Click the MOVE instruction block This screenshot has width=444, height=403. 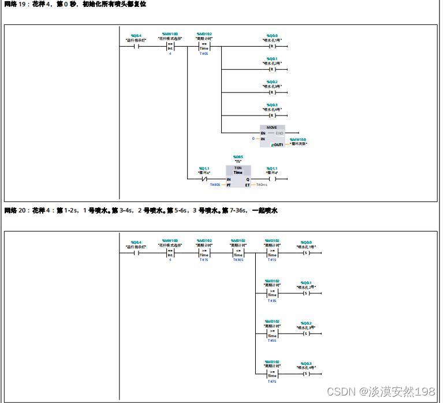point(271,136)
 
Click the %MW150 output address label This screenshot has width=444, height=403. point(299,139)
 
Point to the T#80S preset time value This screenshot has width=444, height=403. point(215,185)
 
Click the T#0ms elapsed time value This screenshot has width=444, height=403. point(262,185)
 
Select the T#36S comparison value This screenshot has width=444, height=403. point(238,260)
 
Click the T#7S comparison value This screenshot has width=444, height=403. point(272,381)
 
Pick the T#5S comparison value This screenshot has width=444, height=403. point(272,341)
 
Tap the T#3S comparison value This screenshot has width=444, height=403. point(272,300)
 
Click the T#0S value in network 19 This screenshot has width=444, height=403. point(204,54)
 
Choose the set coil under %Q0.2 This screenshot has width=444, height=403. point(306,333)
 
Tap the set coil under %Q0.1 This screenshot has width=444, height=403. point(306,293)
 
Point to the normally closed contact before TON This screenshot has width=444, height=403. point(204,179)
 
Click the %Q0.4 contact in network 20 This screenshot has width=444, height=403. point(136,252)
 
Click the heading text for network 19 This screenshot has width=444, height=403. point(75,4)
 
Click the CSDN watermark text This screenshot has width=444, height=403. point(381,392)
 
